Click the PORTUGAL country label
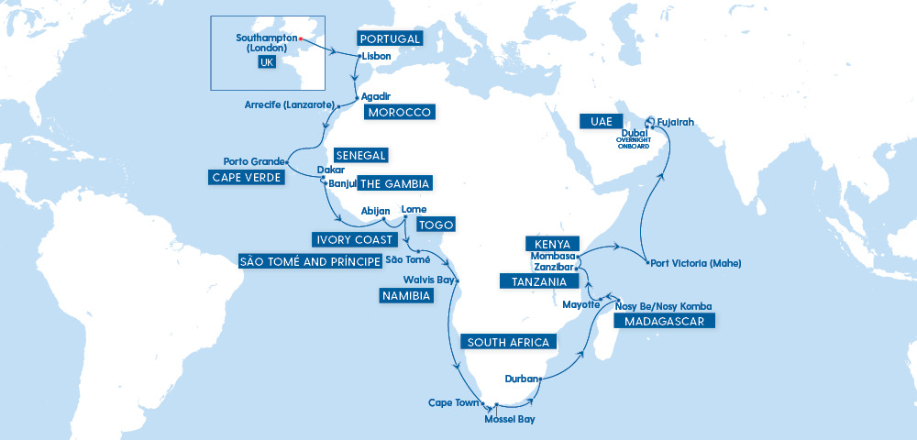390,39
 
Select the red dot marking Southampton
301,38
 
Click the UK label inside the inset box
267,62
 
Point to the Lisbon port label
377,56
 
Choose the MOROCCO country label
399,112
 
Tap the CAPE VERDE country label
247,177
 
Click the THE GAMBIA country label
393,183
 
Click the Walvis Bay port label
427,280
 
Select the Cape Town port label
454,402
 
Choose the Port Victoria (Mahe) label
694,263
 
